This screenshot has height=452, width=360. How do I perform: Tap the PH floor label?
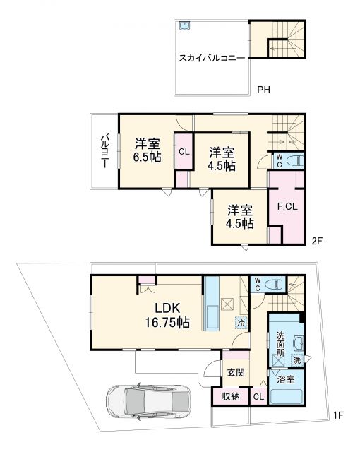coord(264,90)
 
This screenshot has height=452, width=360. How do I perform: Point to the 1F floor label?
coord(338,415)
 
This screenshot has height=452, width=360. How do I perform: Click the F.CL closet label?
coord(286,207)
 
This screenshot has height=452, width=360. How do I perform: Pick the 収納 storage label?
coord(230,397)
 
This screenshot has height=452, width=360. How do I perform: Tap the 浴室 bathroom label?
coord(285,380)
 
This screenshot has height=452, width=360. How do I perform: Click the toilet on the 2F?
coord(294,160)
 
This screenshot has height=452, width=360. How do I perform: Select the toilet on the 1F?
coord(276,285)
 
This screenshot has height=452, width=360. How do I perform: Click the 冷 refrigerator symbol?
coord(241,323)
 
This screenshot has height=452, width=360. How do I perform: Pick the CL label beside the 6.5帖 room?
coord(183,152)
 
